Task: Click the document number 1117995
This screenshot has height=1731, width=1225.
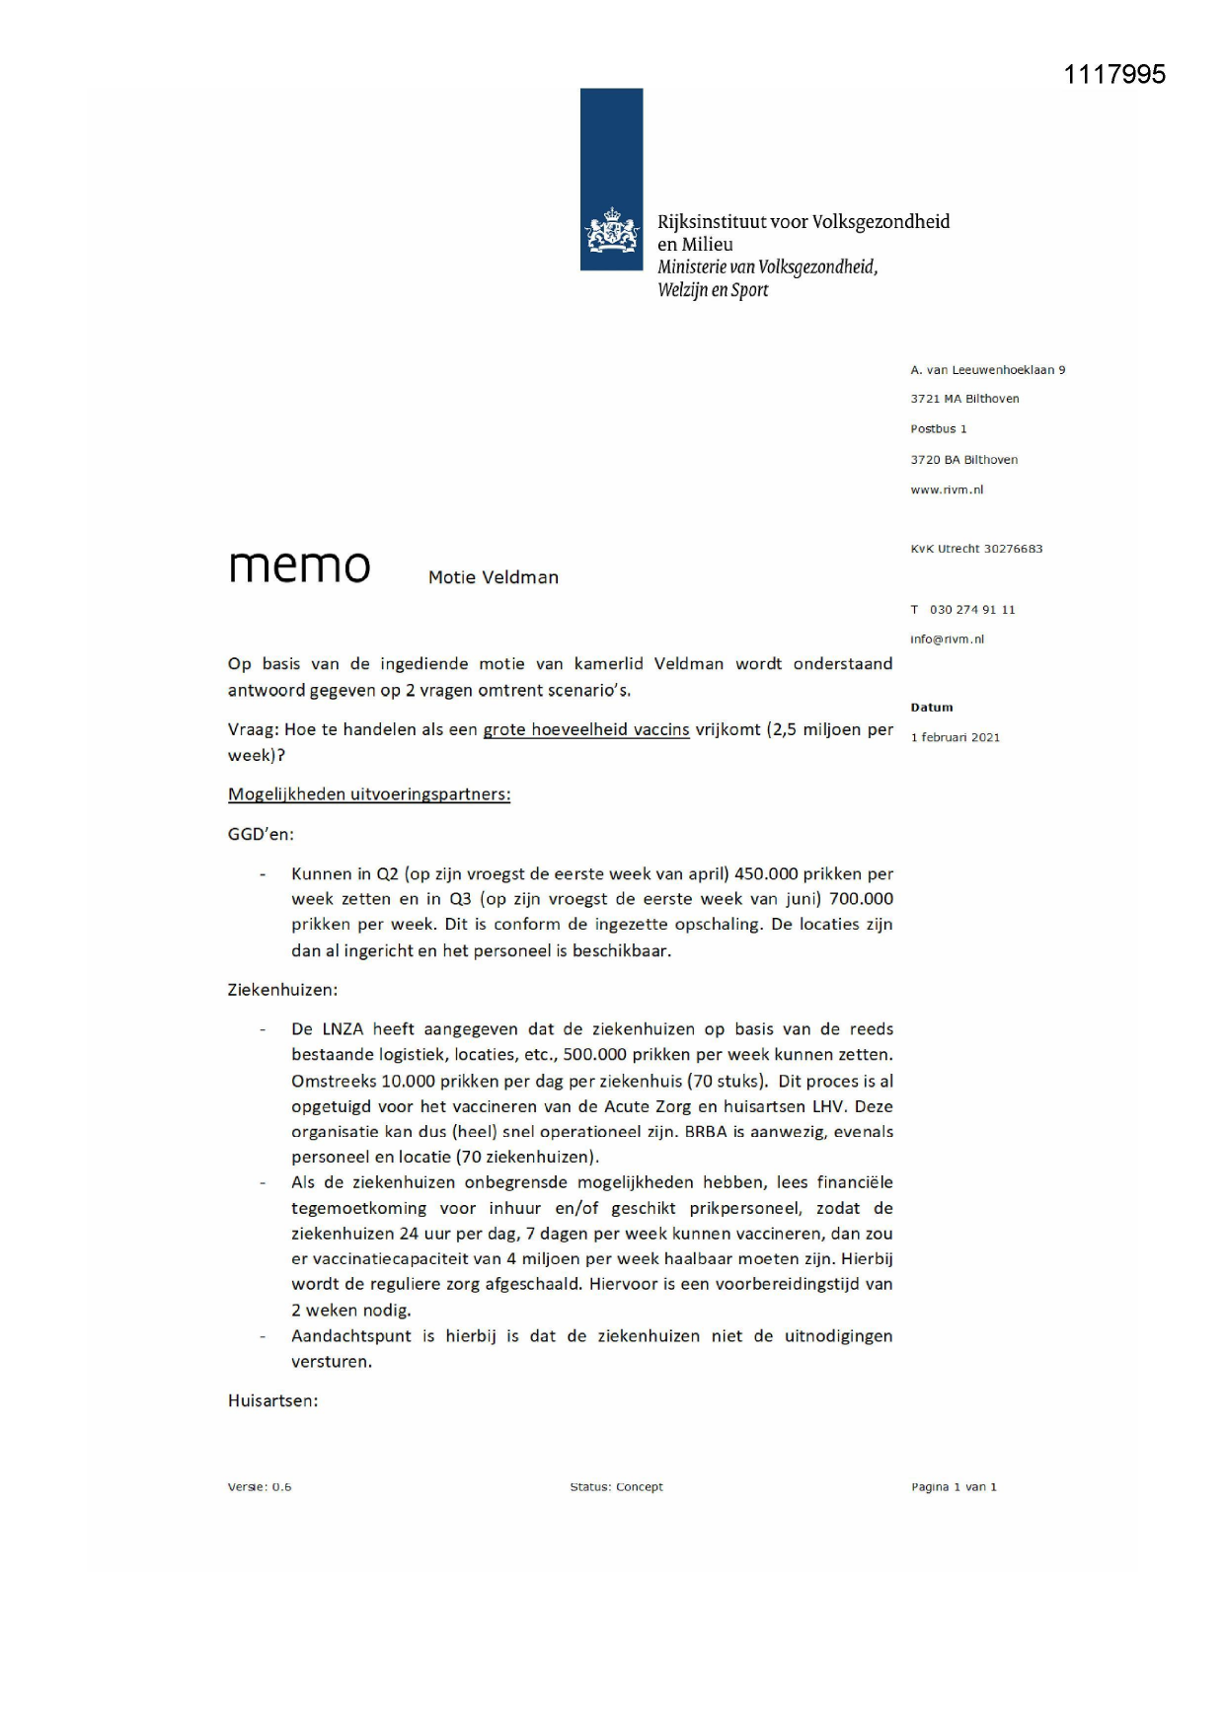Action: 1114,74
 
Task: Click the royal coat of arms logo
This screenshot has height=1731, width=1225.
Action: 611,231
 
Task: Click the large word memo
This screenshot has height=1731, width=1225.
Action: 299,566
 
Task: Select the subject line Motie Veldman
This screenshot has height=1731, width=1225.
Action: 493,577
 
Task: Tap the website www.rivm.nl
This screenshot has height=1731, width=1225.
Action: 946,489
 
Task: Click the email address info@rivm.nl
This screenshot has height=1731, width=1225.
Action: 946,639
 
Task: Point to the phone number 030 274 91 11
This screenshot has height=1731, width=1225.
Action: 971,609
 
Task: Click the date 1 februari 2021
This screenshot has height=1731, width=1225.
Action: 955,737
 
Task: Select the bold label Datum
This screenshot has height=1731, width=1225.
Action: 931,707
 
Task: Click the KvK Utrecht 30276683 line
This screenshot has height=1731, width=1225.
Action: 975,549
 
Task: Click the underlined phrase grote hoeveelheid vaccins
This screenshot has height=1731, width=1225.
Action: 585,729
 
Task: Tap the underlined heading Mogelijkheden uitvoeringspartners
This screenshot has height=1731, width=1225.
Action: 368,793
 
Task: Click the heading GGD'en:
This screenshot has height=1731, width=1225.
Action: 261,834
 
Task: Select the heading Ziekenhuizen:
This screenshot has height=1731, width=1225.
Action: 282,989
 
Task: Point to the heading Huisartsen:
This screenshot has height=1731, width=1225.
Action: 272,1399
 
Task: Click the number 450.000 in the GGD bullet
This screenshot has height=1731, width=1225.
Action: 765,873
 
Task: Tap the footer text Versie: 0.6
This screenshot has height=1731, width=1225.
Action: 260,1486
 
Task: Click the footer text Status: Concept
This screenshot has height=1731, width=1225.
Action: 616,1486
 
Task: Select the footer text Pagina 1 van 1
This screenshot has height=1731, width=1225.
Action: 953,1486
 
